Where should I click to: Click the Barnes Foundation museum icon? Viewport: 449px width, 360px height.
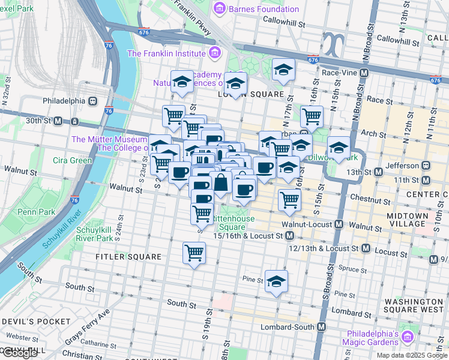(x=218, y=9)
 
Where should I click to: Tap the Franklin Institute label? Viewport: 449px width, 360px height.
(x=166, y=53)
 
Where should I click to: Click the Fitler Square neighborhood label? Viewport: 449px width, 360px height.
(x=128, y=257)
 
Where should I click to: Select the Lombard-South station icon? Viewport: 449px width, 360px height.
(x=322, y=328)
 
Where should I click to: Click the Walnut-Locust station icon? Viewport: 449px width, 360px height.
(x=339, y=224)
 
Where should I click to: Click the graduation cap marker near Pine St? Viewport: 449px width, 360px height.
(x=276, y=280)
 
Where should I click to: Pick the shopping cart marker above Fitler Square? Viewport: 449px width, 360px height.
(x=194, y=253)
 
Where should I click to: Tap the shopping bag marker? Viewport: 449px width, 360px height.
(x=221, y=182)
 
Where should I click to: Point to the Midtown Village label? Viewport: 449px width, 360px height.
(x=408, y=220)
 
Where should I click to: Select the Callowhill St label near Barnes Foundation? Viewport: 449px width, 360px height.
(x=285, y=20)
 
